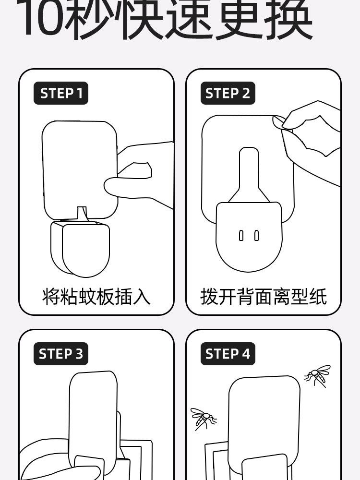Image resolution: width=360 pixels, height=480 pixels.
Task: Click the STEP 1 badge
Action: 61,94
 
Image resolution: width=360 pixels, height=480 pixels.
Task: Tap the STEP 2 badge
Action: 228,94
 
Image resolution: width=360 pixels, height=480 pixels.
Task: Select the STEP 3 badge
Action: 61,354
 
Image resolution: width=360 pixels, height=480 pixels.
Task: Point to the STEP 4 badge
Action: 228,354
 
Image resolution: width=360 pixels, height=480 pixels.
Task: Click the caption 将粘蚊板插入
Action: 96,296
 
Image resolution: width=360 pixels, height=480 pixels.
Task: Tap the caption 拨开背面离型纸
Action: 264,296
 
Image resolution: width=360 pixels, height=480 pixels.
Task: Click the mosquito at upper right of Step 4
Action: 318,375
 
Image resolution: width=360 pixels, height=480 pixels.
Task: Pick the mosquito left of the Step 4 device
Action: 203,419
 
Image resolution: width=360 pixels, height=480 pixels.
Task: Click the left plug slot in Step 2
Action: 241,236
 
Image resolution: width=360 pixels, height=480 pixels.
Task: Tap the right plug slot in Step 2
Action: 256,236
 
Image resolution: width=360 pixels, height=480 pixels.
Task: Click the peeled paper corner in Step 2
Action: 278,123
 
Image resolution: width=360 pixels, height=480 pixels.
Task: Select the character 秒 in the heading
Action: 92,19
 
